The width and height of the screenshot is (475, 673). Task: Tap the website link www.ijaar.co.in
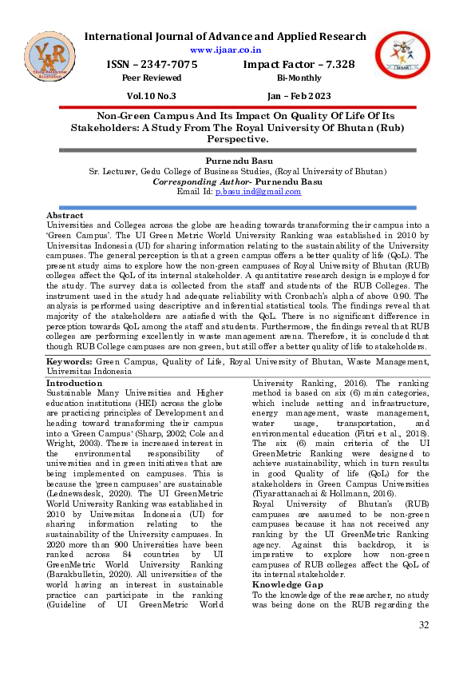[225, 50]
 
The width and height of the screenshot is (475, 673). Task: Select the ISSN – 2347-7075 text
[152, 65]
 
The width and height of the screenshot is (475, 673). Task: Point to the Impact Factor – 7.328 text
[299, 65]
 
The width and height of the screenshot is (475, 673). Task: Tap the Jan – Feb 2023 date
[300, 95]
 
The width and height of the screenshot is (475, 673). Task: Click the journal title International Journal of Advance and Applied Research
[225, 36]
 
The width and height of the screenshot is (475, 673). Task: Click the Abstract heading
[65, 216]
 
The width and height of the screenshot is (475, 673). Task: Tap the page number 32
[424, 646]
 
